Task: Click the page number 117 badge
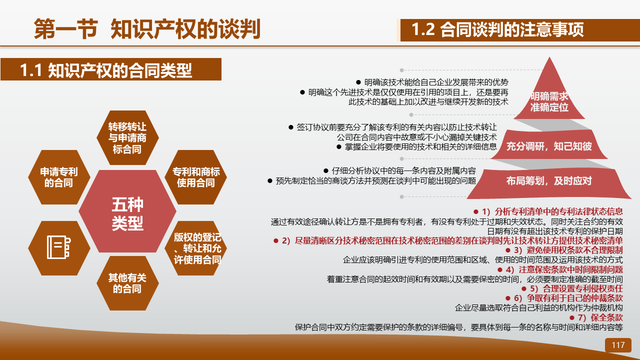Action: click(x=618, y=345)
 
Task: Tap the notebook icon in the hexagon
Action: click(x=58, y=247)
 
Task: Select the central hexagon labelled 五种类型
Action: click(x=127, y=211)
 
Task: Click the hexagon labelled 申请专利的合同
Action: click(x=59, y=177)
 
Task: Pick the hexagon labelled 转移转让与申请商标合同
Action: click(x=127, y=137)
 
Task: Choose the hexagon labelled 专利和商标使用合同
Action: click(x=195, y=177)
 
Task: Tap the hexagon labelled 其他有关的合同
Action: click(x=127, y=283)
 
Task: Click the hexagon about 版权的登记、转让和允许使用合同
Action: click(x=195, y=248)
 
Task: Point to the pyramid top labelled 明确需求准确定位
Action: click(x=549, y=94)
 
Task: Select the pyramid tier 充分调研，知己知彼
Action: click(x=549, y=145)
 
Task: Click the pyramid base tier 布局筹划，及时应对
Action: click(x=549, y=183)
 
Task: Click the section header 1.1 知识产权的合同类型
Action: click(x=111, y=69)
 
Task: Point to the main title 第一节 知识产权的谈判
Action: click(x=147, y=28)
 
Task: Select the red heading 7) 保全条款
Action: click(x=596, y=317)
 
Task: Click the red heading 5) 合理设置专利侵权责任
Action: click(x=572, y=288)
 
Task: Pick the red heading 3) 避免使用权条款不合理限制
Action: click(x=564, y=250)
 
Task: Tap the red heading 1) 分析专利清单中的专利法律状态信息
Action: click(x=548, y=211)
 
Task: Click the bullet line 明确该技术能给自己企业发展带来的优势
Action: click(x=432, y=82)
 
